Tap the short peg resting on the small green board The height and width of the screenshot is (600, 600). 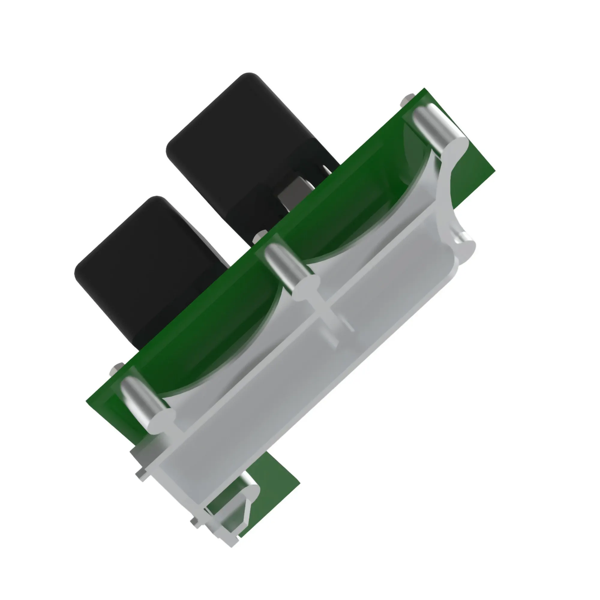(x=248, y=484)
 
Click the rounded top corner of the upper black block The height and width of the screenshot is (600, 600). (x=248, y=76)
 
